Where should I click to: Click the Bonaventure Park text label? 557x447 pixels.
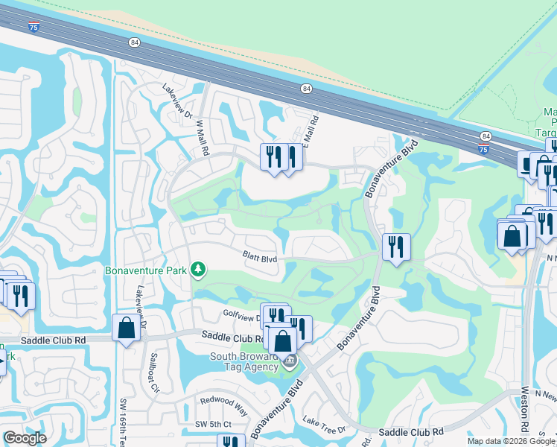[146, 270]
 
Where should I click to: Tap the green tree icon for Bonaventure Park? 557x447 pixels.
[198, 268]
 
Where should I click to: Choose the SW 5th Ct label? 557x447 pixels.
[219, 424]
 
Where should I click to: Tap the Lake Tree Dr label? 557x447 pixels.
[325, 428]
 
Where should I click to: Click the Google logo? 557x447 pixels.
[25, 438]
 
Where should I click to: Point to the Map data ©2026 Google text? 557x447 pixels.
[511, 441]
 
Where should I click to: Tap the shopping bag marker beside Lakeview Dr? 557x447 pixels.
[126, 328]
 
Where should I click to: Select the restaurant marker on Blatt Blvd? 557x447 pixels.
[396, 247]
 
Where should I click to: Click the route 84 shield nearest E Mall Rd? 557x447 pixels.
[306, 89]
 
